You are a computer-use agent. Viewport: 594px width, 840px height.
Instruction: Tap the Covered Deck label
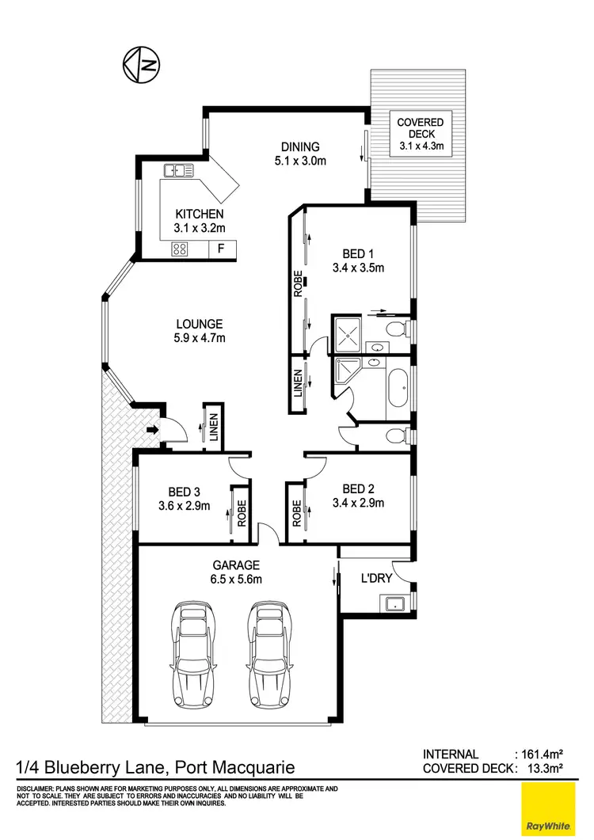click(420, 134)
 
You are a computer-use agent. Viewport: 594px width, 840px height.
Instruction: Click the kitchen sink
click(180, 169)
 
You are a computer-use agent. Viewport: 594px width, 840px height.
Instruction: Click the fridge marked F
click(221, 249)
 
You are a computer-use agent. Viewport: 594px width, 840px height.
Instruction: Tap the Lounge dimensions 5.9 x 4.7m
click(200, 339)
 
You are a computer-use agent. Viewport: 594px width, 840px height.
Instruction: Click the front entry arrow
click(152, 431)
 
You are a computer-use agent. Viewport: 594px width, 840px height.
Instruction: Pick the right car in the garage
click(269, 655)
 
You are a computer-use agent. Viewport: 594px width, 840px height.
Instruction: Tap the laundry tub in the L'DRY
click(394, 605)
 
